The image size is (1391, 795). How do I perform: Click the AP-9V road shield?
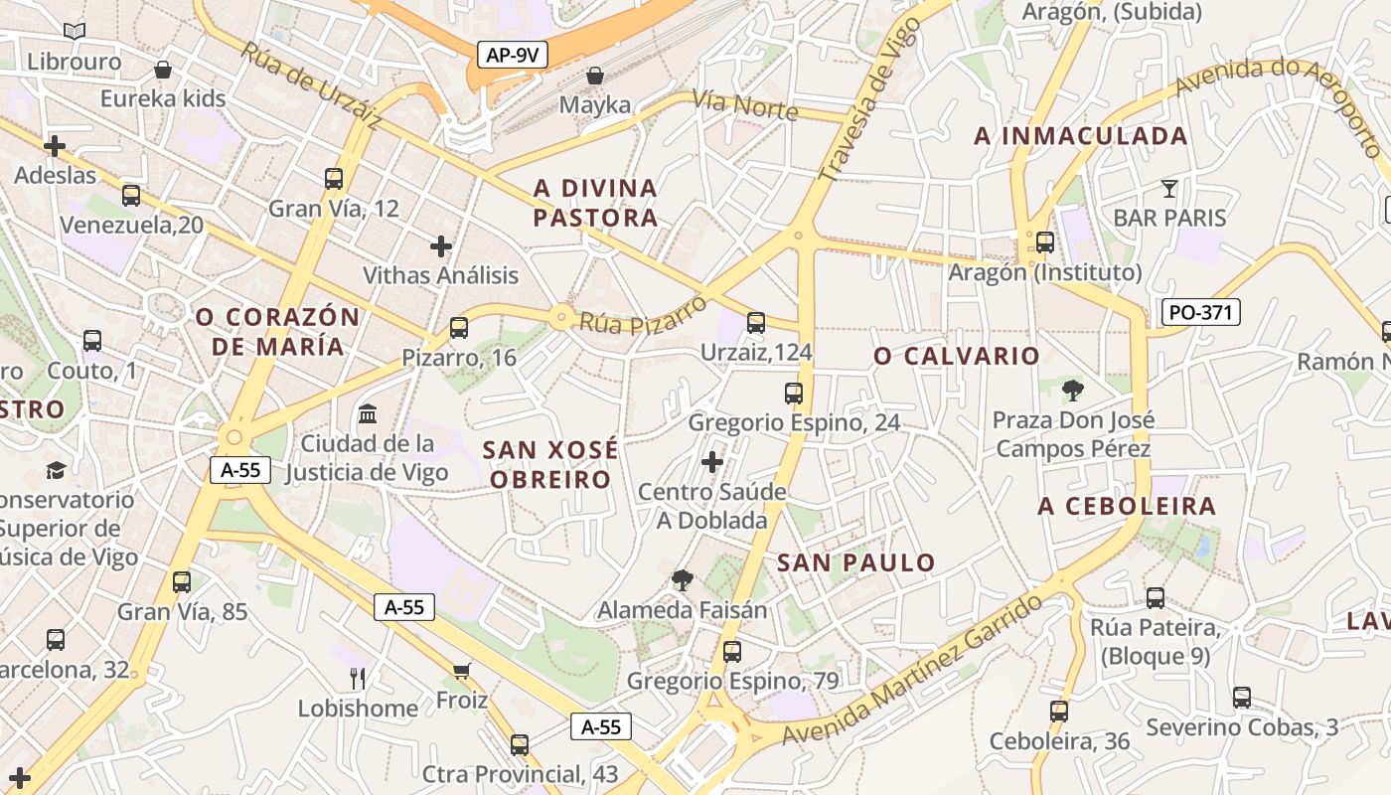(x=513, y=55)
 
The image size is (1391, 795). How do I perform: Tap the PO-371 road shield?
(x=1200, y=312)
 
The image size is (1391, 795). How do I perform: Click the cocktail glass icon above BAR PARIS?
(x=1169, y=188)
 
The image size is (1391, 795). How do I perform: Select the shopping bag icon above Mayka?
(x=595, y=76)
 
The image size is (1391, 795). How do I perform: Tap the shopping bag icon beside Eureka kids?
(x=162, y=70)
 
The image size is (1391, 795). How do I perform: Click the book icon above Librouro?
(x=74, y=32)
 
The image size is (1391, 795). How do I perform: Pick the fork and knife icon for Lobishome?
(x=358, y=679)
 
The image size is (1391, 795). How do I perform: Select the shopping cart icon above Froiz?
(x=461, y=671)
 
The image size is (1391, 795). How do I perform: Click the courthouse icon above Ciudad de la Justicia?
(x=368, y=412)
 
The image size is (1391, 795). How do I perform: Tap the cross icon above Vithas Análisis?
(x=441, y=245)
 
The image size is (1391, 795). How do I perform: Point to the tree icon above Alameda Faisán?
(x=682, y=579)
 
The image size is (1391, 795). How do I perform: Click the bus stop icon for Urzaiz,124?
(x=756, y=322)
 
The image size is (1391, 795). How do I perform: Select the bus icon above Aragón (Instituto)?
(x=1044, y=241)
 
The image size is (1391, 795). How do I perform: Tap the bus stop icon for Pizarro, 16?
(x=458, y=327)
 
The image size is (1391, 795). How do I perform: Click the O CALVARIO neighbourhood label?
(x=957, y=356)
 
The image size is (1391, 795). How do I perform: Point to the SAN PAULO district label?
(x=856, y=562)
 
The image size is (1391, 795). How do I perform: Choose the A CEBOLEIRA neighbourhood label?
(x=1127, y=506)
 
